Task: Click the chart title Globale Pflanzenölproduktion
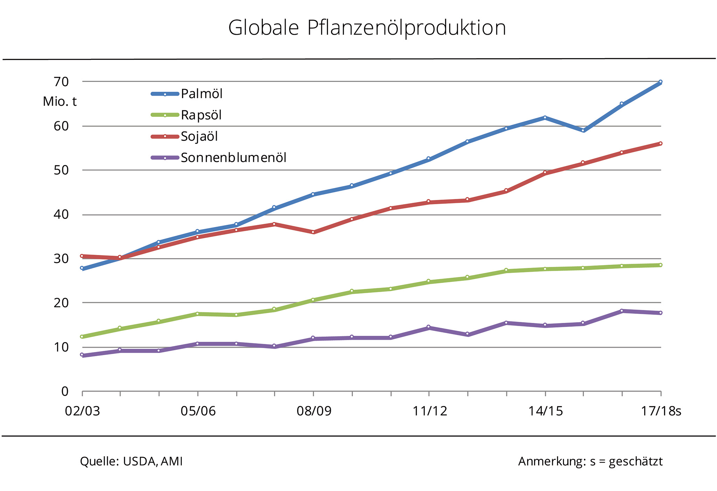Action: (367, 28)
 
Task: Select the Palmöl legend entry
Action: (202, 94)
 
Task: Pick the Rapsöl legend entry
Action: (201, 115)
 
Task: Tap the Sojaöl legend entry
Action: (199, 137)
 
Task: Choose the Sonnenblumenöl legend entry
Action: (233, 158)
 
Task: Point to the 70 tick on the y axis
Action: (61, 82)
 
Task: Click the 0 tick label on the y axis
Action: (65, 392)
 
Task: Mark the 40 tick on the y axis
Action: (61, 214)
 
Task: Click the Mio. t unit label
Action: (60, 102)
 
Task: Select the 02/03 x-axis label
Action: (82, 411)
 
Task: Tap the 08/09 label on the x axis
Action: (314, 411)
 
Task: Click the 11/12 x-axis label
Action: (430, 411)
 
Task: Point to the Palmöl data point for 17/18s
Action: (660, 82)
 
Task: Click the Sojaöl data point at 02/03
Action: (82, 256)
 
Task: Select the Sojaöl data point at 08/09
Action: (313, 232)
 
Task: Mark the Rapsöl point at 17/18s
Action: (660, 265)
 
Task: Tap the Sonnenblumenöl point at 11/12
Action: (429, 327)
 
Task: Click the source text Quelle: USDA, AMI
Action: (131, 462)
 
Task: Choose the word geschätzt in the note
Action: (635, 462)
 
